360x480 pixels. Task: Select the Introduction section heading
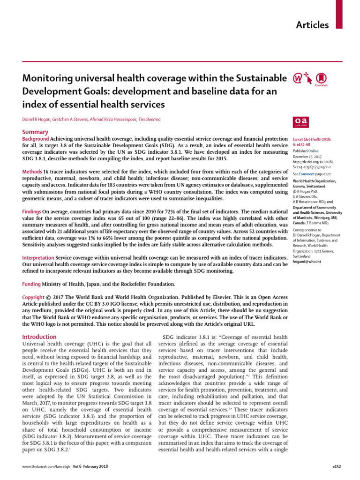coord(40,337)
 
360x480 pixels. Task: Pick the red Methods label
coord(32,172)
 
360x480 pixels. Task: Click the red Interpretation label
coord(38,258)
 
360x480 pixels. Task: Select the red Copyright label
coord(34,297)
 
